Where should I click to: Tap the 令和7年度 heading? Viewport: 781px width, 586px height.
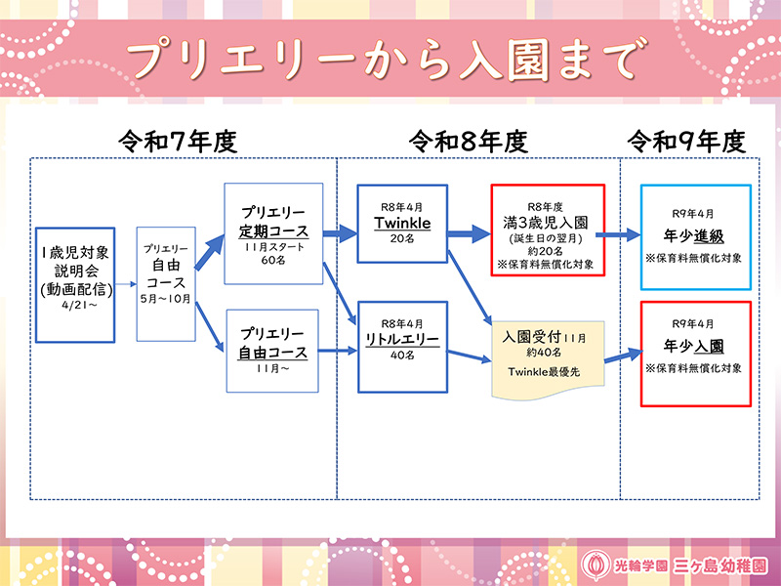coord(178,142)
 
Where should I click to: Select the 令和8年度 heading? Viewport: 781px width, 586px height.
coord(468,142)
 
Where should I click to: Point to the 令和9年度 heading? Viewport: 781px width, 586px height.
coord(685,142)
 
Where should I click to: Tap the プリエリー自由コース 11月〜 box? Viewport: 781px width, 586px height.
coord(273,349)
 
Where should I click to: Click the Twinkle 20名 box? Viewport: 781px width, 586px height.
coord(402,224)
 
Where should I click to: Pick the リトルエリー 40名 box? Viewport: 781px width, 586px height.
coord(402,338)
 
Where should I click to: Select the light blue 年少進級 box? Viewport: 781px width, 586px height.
coord(695,237)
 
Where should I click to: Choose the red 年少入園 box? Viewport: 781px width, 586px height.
coord(695,353)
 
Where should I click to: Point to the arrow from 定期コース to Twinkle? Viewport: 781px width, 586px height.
coord(340,233)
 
